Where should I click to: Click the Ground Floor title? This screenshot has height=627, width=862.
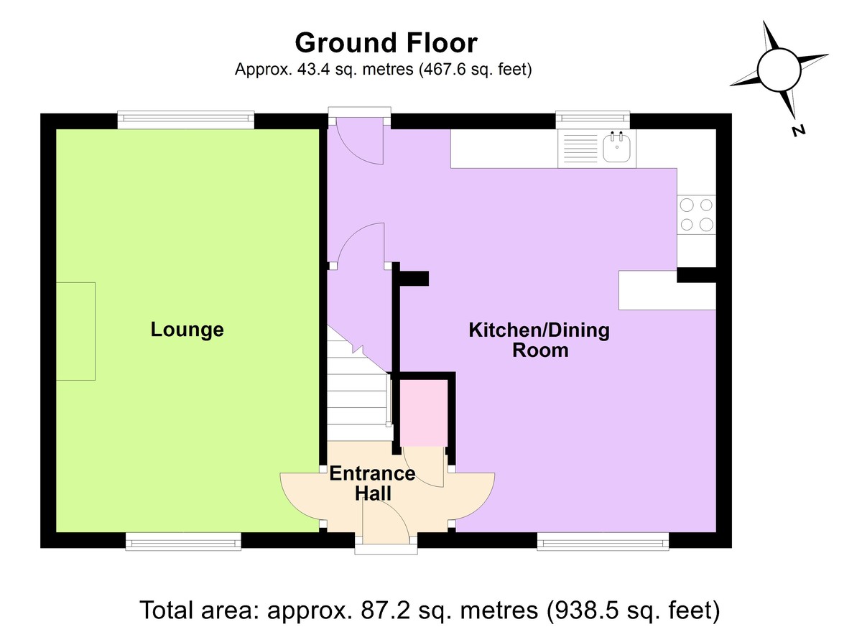pos(386,42)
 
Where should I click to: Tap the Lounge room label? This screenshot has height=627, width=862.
pos(187,330)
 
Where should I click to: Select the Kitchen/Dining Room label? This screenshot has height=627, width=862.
pos(539,340)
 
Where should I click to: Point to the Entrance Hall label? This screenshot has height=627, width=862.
pos(373,483)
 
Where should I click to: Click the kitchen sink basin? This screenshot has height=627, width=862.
pos(616,147)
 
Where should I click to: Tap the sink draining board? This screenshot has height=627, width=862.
pos(580,149)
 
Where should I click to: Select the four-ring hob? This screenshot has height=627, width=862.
pos(696,215)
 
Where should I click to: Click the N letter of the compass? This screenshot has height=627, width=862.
pos(799,131)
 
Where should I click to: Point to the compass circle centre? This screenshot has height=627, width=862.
pos(779,70)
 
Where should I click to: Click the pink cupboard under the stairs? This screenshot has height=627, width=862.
pos(424,413)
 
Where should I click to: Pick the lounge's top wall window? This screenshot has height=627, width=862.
pos(186,120)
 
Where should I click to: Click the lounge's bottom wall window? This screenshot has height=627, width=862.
pos(183,542)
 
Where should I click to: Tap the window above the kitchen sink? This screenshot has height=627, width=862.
pos(593,120)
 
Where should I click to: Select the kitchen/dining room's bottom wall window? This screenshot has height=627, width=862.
pos(603,542)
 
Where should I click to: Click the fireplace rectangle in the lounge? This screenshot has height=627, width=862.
pos(76,331)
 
